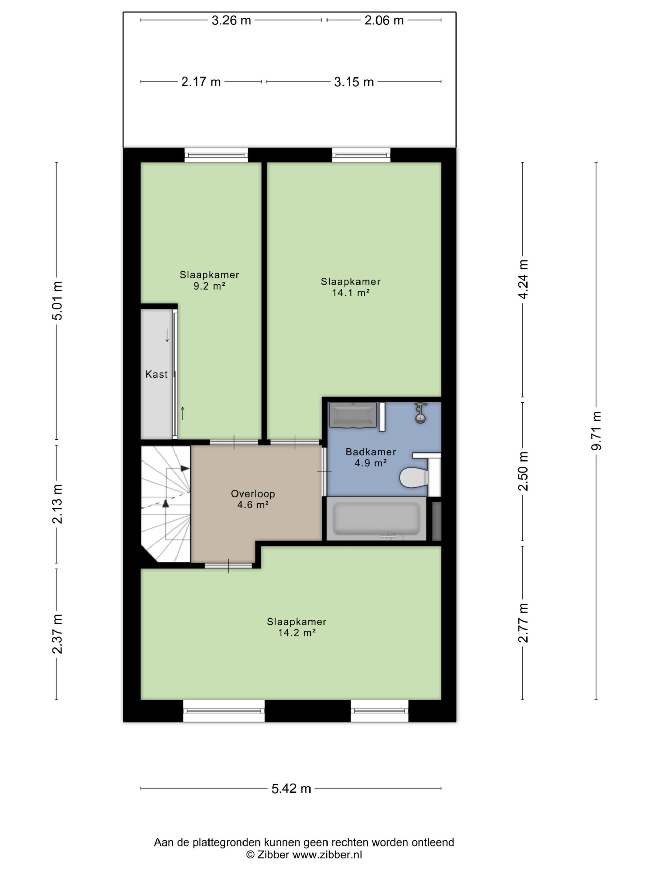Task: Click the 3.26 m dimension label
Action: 231,20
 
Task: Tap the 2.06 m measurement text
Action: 384,20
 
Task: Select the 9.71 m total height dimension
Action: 596,431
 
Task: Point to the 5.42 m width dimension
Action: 291,788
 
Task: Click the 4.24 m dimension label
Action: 523,279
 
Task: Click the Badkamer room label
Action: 370,452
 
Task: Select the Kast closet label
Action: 156,374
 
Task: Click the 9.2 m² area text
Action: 209,286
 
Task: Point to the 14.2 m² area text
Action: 297,632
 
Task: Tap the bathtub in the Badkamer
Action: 376,518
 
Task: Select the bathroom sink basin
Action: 353,415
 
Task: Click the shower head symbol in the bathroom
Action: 421,413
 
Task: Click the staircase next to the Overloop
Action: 166,504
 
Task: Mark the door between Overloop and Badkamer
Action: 324,471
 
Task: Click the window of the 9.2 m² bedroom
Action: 216,155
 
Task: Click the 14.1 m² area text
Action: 351,293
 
